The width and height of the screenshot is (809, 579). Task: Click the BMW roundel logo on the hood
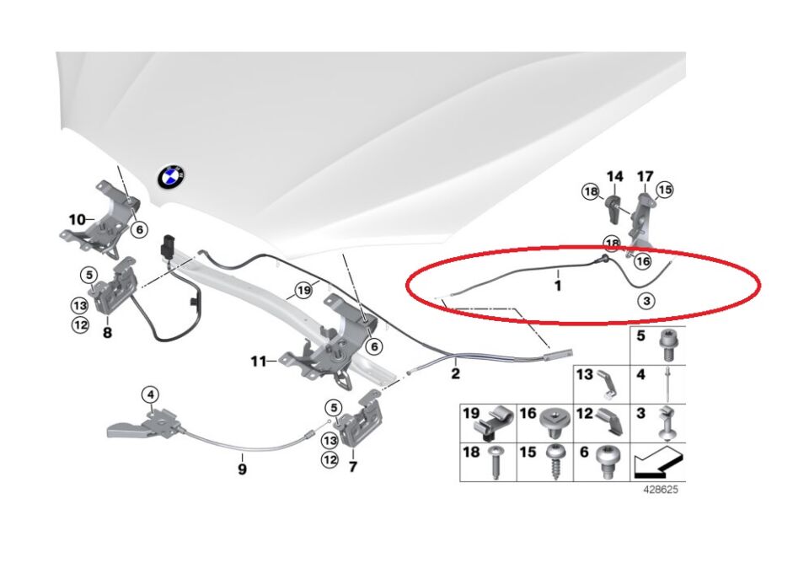click(170, 176)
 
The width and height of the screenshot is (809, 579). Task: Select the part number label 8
click(107, 332)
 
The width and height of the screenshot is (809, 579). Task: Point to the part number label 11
click(259, 362)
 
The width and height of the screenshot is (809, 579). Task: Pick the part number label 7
click(353, 465)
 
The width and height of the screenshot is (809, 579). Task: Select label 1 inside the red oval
click(557, 286)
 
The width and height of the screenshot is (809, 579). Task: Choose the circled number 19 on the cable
click(303, 292)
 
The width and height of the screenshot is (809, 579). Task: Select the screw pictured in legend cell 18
click(496, 463)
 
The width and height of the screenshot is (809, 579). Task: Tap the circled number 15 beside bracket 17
click(665, 190)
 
